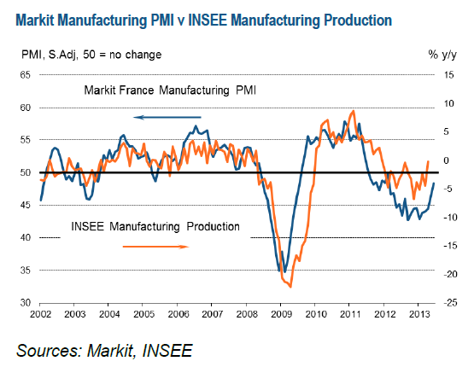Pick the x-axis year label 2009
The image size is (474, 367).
(282, 315)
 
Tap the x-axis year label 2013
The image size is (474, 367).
(418, 315)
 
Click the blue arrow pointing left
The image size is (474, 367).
(167, 117)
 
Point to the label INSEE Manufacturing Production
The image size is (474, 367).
(155, 227)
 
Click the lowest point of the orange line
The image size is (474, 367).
(292, 287)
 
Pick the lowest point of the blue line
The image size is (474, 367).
(282, 272)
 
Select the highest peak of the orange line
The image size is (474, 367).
(352, 111)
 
